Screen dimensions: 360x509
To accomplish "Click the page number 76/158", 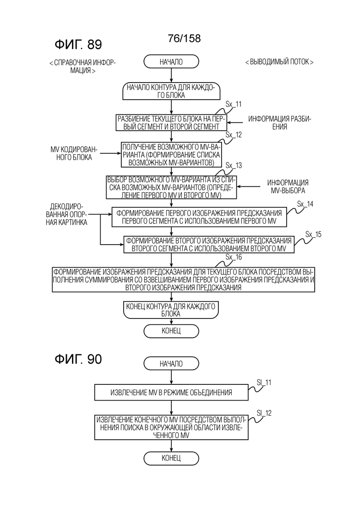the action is click(184, 38).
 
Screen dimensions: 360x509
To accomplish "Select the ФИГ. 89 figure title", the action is click(78, 44).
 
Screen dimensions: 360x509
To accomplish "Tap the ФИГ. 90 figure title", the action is click(78, 359).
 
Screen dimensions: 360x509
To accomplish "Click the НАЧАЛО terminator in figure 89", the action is click(171, 62).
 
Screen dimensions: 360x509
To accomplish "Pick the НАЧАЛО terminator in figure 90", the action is click(171, 364).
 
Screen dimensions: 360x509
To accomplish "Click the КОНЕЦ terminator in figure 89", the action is click(171, 331).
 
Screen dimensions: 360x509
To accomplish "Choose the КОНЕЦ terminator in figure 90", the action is click(171, 458).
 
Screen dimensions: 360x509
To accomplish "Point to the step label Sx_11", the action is click(234, 104).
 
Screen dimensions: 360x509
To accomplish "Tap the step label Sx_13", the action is click(234, 166).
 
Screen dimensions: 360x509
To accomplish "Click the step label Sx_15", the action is click(313, 234).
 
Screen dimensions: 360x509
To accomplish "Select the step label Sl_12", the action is click(264, 413).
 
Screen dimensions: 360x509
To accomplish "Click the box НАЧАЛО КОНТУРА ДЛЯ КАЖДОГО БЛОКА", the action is click(171, 91).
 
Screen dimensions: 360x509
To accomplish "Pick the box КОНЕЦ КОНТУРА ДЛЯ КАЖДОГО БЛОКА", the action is click(171, 310).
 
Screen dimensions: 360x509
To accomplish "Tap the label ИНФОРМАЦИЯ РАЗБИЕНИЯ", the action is click(280, 123).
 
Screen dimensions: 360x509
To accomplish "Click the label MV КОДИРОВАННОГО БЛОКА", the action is click(74, 154).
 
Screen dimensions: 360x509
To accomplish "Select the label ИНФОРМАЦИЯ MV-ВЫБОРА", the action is click(288, 186).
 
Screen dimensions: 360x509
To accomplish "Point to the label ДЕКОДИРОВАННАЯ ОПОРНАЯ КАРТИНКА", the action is click(66, 214).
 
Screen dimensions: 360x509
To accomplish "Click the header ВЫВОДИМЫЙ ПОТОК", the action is click(279, 62).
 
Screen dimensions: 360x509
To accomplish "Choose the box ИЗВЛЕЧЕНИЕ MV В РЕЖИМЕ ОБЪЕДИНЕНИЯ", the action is click(171, 392).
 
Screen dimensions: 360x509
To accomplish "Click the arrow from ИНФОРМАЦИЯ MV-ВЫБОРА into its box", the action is click(248, 186).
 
